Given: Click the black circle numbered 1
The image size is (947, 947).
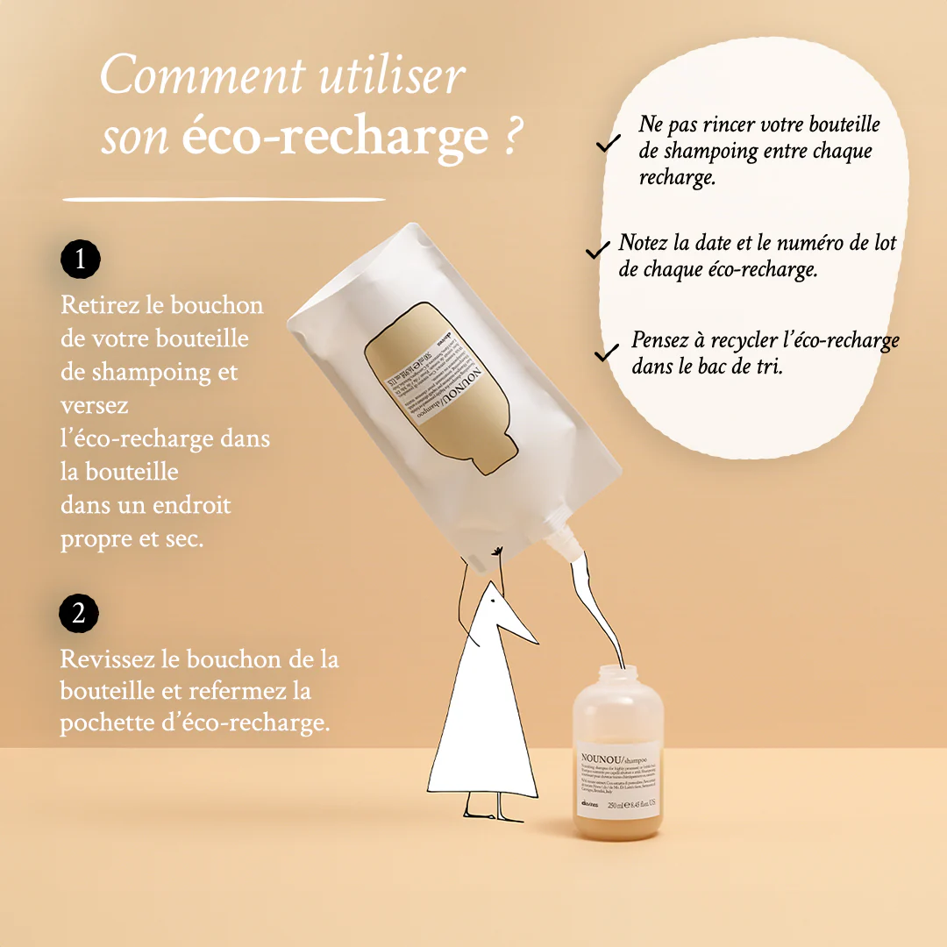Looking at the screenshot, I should click(81, 260).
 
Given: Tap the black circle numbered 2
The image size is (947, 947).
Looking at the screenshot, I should click(79, 613).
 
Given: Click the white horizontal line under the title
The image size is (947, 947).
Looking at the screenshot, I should click(224, 200).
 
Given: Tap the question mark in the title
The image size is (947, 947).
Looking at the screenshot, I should click(516, 138).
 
